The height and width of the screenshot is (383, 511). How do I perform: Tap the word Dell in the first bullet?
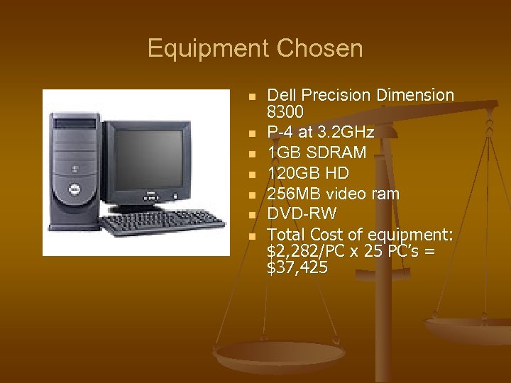tap(282, 95)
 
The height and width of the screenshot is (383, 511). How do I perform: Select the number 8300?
tap(285, 112)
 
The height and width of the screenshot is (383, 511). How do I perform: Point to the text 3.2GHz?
tap(348, 133)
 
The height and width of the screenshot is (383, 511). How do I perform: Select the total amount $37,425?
tap(297, 267)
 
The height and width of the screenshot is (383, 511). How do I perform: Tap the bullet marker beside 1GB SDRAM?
tap(251, 153)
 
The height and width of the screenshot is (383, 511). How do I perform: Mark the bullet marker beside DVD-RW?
tap(251, 215)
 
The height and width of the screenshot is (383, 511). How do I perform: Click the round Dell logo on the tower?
tap(72, 189)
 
